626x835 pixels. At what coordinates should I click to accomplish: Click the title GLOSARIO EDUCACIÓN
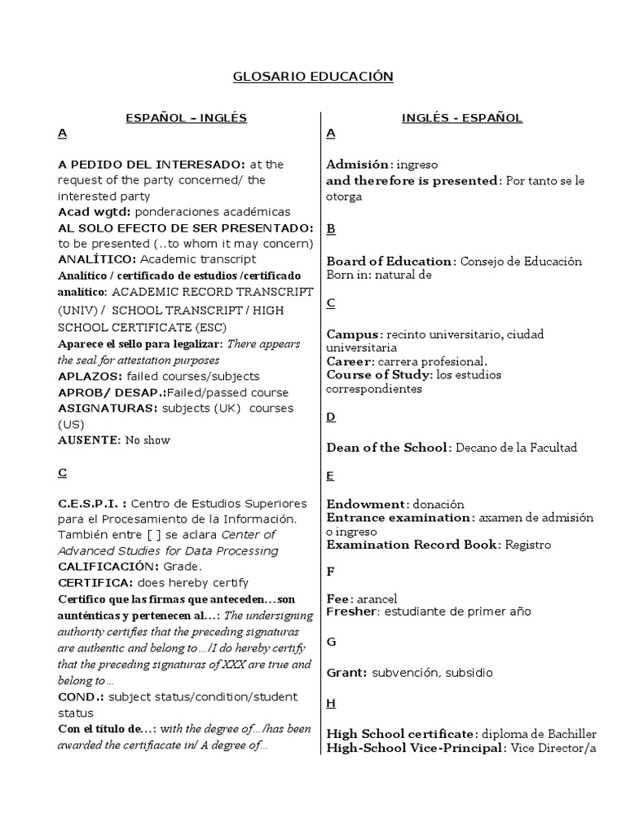[313, 77]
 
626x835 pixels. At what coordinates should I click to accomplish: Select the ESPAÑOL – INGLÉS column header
[186, 118]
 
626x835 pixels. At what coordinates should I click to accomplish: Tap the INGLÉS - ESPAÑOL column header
[462, 118]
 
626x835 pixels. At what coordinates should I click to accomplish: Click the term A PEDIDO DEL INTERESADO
[151, 165]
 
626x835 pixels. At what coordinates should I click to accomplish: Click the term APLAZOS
[88, 377]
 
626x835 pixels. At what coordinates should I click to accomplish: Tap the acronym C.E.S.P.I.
[91, 503]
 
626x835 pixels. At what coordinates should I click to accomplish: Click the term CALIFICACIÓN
[108, 567]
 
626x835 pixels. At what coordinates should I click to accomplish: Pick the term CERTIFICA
[95, 583]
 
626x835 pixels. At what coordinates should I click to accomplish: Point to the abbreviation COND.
[80, 697]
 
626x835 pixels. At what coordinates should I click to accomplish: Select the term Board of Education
[390, 262]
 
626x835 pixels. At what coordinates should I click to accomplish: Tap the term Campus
[354, 334]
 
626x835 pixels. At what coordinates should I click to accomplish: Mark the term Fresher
[351, 612]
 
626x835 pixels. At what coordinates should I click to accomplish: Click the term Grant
[346, 674]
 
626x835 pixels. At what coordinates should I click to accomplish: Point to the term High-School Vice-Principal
[412, 749]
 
